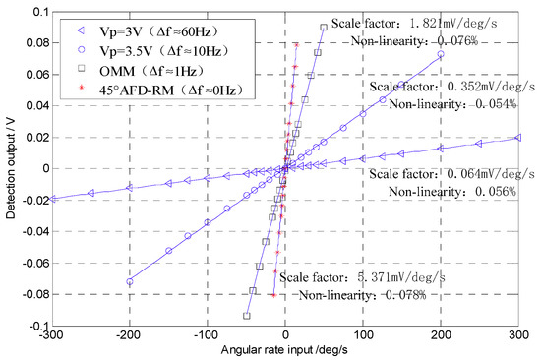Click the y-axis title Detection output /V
pos(10,168)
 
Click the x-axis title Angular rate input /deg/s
pos(285,351)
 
